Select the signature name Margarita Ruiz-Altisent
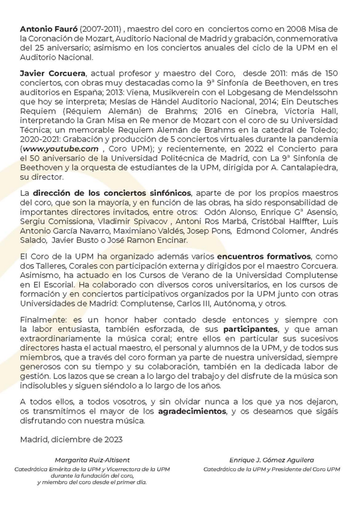click(x=92, y=460)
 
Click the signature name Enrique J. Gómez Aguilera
click(x=271, y=460)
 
